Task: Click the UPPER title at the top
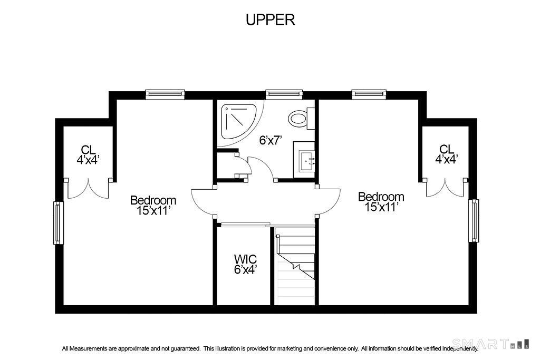pos(271,20)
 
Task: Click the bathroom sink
pos(304,160)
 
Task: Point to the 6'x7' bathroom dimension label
pos(271,140)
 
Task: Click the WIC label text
pos(245,258)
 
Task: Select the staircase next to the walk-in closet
pos(295,265)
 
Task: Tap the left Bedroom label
pos(153,200)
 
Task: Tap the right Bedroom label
pos(381,197)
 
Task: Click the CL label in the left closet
pos(88,150)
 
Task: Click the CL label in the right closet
pos(447,149)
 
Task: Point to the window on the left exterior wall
pos(59,222)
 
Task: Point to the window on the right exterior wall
pos(474,221)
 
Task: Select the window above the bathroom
pos(284,94)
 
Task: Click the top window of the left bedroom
pos(165,94)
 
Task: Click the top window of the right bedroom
pos(369,94)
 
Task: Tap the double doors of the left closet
pos(89,189)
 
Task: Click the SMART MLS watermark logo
pos(491,344)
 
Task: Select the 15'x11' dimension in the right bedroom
pos(382,207)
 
